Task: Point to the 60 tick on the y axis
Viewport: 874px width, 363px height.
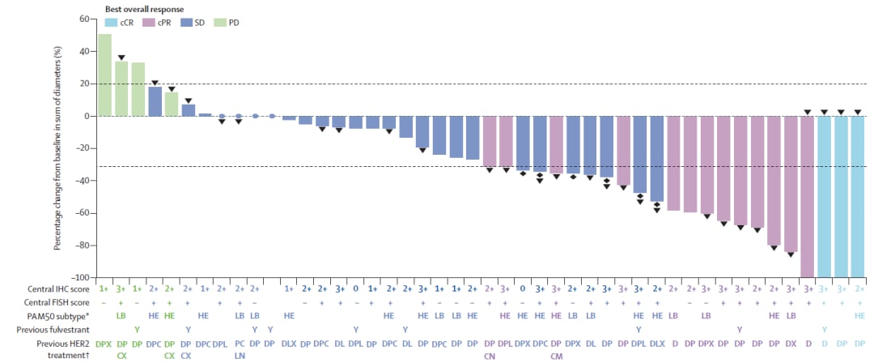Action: coord(83,19)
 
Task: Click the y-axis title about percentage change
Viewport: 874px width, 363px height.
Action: coord(58,147)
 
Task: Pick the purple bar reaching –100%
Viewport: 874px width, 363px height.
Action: coord(807,196)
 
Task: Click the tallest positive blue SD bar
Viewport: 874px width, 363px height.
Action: coord(155,101)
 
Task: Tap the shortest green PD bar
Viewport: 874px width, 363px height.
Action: coord(172,104)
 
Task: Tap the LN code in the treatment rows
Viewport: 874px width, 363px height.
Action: coord(240,355)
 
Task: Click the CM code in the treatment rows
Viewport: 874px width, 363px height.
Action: coord(557,355)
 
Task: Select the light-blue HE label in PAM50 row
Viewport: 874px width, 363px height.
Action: coord(859,314)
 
